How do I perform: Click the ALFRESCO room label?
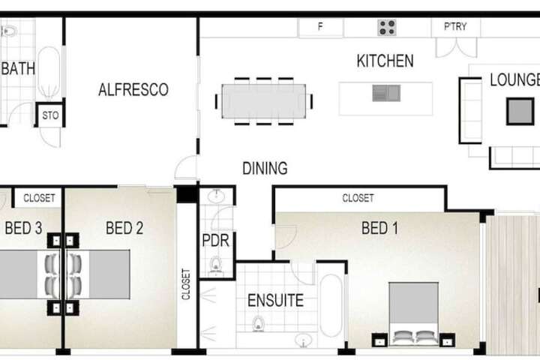[x=133, y=89]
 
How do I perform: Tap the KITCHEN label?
[x=385, y=61]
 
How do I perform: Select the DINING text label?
[x=265, y=169]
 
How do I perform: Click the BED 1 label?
[x=379, y=228]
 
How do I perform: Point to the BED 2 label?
[x=124, y=228]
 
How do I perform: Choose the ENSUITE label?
[x=275, y=301]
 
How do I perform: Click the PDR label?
[x=215, y=241]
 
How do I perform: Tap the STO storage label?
[x=50, y=115]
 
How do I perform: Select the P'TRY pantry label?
[x=455, y=26]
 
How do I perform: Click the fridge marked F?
[x=320, y=26]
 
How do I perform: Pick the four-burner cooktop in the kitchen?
[x=387, y=28]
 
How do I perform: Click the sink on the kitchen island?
[x=386, y=93]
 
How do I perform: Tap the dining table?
[x=264, y=101]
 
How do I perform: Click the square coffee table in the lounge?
[x=520, y=111]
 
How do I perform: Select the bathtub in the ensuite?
[x=331, y=305]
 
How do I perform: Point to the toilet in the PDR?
[x=216, y=266]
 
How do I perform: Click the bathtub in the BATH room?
[x=49, y=73]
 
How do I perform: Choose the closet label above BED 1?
[x=358, y=198]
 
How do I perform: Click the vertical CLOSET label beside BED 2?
[x=186, y=284]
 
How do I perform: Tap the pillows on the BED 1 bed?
[x=413, y=337]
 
